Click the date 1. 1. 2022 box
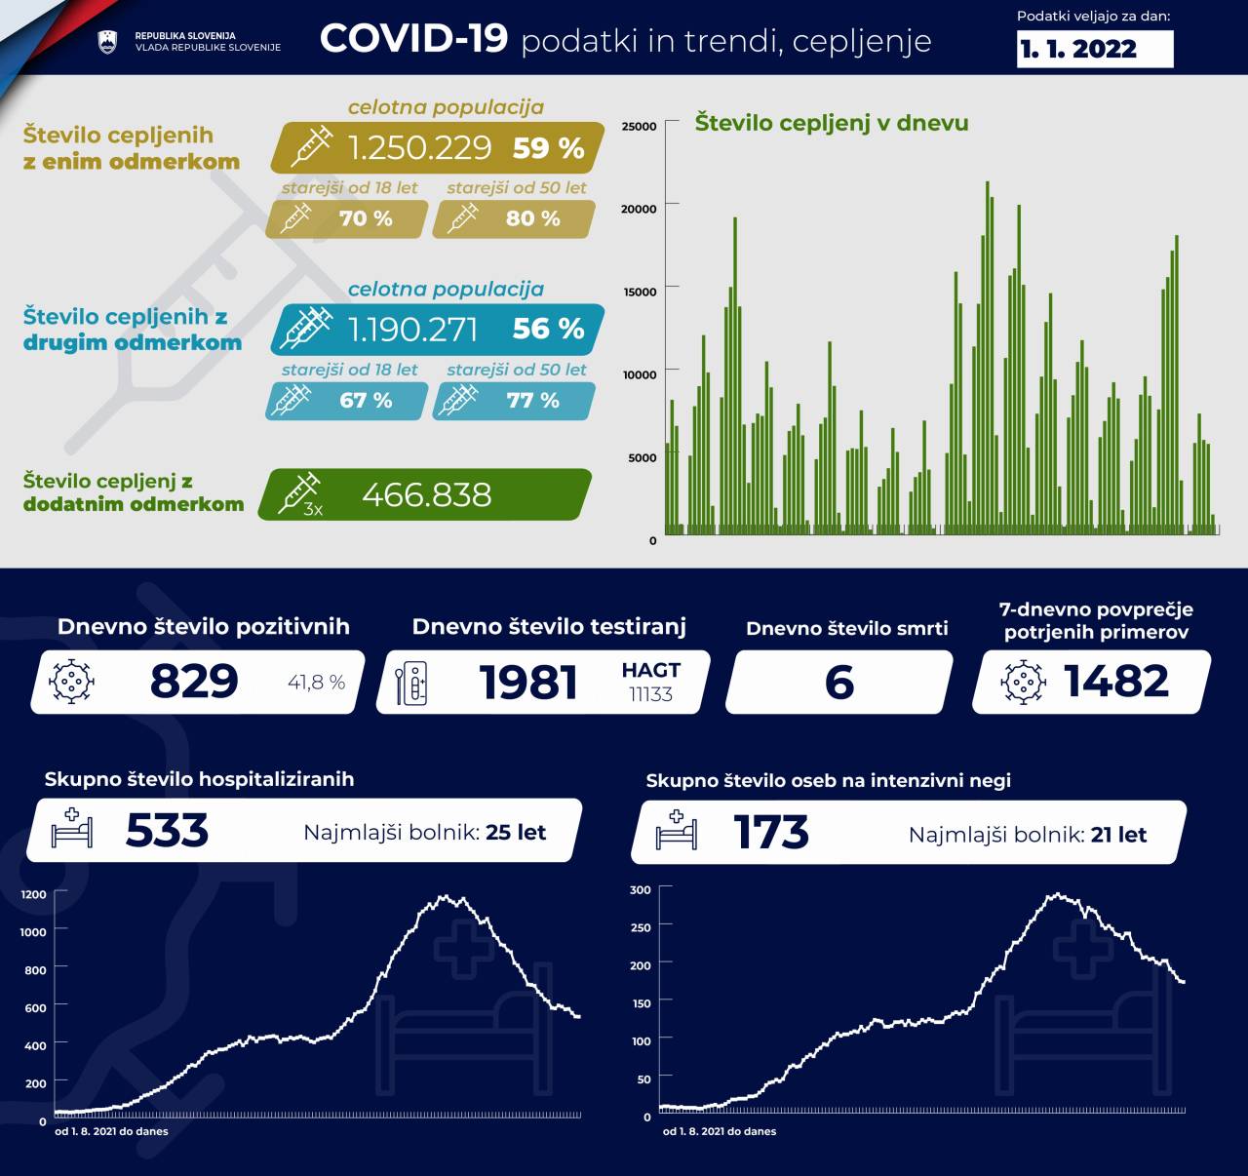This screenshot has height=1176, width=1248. (x=1095, y=49)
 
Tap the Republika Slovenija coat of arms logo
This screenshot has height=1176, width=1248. (x=107, y=42)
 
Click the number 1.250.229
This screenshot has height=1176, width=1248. (x=419, y=147)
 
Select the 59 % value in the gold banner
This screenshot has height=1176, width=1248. (x=548, y=148)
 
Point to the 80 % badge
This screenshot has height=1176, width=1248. (x=532, y=218)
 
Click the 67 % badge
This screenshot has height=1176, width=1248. (x=366, y=401)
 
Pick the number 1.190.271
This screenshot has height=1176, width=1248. (x=413, y=330)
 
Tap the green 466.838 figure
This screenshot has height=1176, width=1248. (x=426, y=495)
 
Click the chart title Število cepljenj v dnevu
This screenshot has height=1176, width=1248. (x=831, y=123)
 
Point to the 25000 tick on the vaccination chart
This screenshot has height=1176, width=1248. (x=639, y=126)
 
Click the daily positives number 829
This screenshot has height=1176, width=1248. (x=193, y=682)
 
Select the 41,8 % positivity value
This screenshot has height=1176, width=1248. (x=316, y=683)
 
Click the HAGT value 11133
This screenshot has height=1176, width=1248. (x=650, y=694)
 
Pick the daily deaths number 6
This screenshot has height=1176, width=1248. (x=838, y=682)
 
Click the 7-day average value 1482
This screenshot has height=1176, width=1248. (x=1116, y=682)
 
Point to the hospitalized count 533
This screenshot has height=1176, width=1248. (x=167, y=831)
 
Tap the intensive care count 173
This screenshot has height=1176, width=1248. (x=770, y=833)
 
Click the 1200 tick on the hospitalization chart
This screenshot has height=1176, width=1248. (x=33, y=894)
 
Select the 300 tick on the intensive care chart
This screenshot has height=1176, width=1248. (x=640, y=889)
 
